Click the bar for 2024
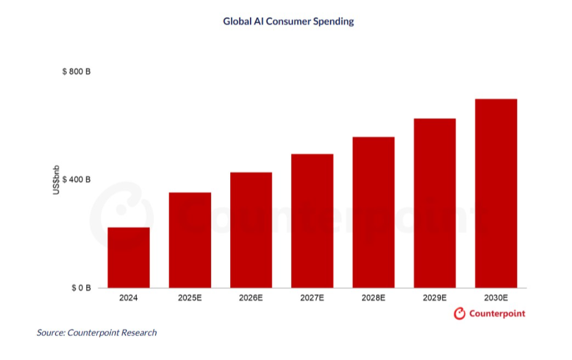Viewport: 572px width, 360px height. pyautogui.click(x=129, y=257)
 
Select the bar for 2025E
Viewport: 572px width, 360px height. pyautogui.click(x=190, y=240)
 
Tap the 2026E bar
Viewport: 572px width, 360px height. pyautogui.click(x=251, y=230)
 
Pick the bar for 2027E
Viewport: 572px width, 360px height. pyautogui.click(x=312, y=220)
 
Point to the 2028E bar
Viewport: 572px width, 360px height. pyautogui.click(x=373, y=212)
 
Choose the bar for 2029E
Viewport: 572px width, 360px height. pyautogui.click(x=435, y=203)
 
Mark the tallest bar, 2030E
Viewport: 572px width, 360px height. pyautogui.click(x=496, y=193)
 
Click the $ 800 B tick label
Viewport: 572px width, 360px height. pyautogui.click(x=77, y=72)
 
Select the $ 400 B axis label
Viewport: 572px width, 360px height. pyautogui.click(x=77, y=180)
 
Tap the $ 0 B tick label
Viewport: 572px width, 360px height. pyautogui.click(x=81, y=288)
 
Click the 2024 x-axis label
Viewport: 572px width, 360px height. pyautogui.click(x=129, y=298)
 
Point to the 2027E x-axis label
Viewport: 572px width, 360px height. pyautogui.click(x=312, y=298)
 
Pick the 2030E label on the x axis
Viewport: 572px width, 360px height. pyautogui.click(x=496, y=298)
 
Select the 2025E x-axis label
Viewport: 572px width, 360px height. pyautogui.click(x=190, y=298)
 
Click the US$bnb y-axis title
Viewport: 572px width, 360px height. pyautogui.click(x=56, y=180)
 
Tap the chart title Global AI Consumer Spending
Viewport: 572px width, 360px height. pyautogui.click(x=288, y=22)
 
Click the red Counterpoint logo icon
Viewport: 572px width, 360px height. pyautogui.click(x=459, y=314)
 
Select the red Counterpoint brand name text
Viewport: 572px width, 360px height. pyautogui.click(x=497, y=314)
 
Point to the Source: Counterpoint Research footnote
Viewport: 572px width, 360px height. pyautogui.click(x=97, y=333)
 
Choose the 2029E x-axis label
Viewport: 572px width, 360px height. pyautogui.click(x=435, y=298)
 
